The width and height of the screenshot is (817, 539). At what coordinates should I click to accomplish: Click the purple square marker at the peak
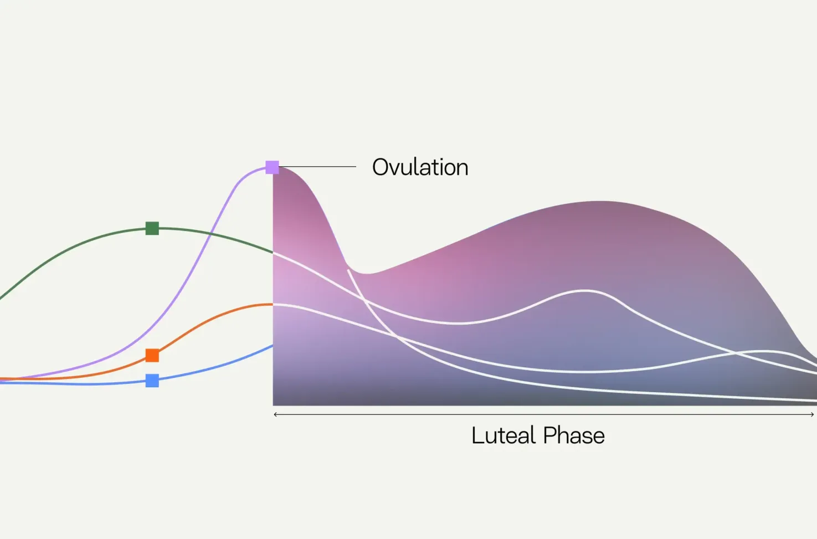tap(272, 167)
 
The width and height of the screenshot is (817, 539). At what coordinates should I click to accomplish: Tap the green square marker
tap(152, 228)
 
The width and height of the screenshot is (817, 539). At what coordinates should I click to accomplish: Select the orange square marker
tap(152, 355)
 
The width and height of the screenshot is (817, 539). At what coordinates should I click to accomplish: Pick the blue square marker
tap(152, 381)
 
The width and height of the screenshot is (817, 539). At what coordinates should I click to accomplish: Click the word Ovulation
tap(420, 167)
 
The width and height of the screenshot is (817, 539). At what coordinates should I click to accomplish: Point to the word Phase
tap(574, 435)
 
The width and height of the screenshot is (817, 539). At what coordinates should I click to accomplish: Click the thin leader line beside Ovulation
tap(317, 167)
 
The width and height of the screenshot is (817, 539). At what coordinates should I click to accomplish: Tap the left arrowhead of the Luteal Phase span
tap(275, 414)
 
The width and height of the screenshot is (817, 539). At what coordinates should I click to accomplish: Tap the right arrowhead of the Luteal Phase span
tap(812, 414)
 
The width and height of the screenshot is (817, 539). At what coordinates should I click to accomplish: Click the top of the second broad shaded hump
tap(600, 201)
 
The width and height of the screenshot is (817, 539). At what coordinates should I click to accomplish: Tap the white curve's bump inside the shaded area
tap(585, 291)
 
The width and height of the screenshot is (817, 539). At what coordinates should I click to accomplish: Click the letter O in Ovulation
tap(381, 167)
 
